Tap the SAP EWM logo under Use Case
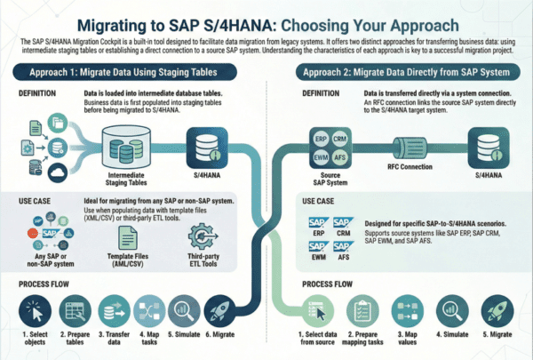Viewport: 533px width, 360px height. point(318,254)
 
